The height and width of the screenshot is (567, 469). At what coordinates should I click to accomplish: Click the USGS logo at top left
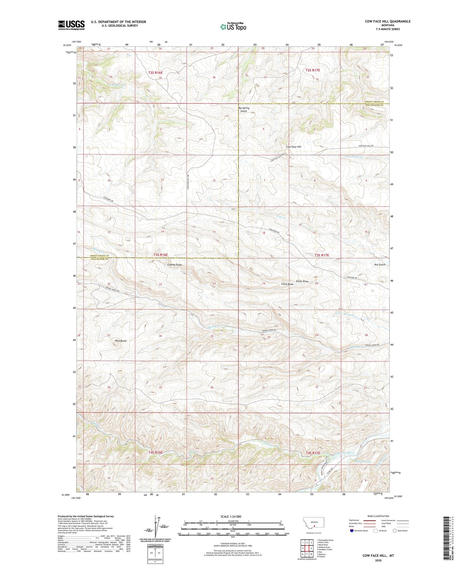71,25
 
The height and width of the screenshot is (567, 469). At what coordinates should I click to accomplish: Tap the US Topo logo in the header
233,27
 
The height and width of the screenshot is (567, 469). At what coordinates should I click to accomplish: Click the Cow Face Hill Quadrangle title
387,21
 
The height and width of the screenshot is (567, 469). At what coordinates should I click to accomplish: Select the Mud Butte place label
121,341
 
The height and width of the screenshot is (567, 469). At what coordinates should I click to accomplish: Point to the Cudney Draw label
174,265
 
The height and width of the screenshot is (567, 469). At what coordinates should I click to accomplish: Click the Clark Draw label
287,284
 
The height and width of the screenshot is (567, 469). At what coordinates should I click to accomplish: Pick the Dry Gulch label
380,265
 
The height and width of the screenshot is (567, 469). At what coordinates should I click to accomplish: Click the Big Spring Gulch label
244,109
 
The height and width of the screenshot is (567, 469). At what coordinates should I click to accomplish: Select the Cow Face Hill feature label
293,147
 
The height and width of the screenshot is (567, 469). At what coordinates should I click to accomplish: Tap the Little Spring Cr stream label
346,314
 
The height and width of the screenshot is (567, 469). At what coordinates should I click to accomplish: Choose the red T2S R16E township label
155,73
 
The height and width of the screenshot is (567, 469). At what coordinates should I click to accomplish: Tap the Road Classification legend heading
378,516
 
